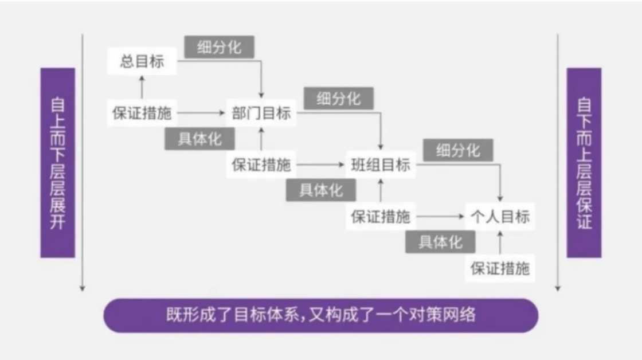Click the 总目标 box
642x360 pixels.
pos(142,61)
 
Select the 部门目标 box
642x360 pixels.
pos(261,112)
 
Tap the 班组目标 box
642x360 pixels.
pos(381,165)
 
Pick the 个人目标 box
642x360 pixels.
pos(500,216)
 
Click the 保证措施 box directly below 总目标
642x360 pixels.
pos(142,112)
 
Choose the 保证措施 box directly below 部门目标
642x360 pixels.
pos(261,165)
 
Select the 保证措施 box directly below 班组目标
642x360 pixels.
pos(381,216)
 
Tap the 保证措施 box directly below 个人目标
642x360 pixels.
pos(500,268)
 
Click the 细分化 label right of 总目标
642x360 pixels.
pos(219,47)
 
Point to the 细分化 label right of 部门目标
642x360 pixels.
pos(339,98)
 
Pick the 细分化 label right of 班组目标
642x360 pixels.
pos(458,150)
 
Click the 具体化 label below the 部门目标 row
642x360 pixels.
pos(200,139)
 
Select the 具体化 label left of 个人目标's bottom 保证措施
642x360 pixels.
pos(440,242)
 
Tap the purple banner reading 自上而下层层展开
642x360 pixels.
pos(58,163)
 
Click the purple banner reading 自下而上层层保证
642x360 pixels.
pos(584,163)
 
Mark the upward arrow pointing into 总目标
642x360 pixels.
pos(142,87)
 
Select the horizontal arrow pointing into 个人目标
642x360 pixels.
pos(440,216)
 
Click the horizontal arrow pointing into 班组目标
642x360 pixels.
pos(320,165)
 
